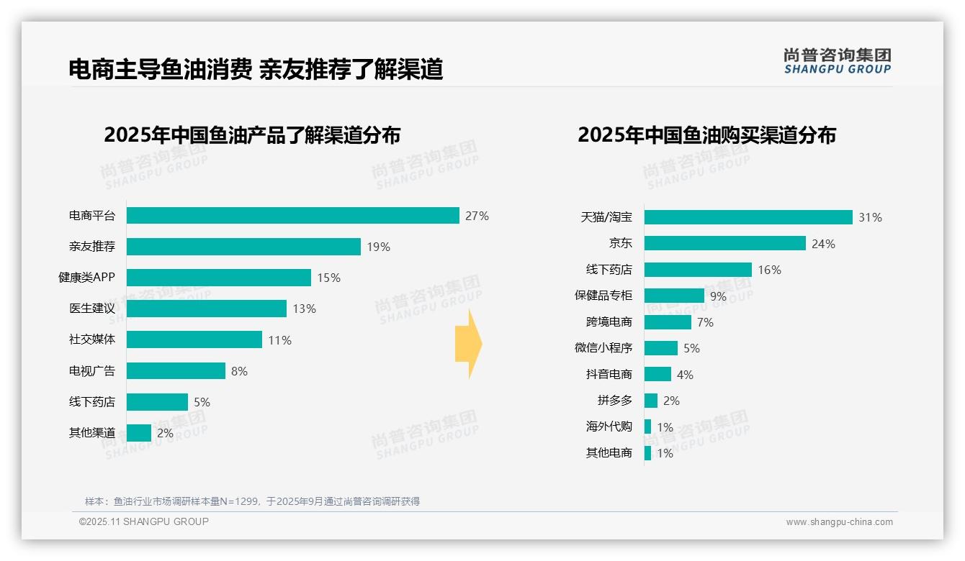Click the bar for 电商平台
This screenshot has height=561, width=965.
[292, 216]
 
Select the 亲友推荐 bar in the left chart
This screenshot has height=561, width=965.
[243, 247]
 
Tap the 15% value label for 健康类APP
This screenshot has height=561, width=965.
[328, 278]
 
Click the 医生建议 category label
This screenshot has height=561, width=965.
[91, 309]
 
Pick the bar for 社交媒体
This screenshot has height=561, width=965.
[194, 339]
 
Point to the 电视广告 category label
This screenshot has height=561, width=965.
[91, 371]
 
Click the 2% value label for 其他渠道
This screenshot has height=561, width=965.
[165, 433]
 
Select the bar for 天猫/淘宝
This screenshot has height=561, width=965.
[748, 217]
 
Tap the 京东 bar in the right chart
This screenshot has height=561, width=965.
[724, 244]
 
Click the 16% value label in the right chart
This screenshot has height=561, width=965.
[769, 270]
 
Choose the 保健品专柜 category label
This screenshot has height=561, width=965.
[603, 296]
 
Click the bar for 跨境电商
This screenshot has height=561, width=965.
[668, 322]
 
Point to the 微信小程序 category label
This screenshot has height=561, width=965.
[603, 348]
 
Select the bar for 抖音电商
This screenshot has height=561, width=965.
[657, 375]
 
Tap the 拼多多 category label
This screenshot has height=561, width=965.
[614, 401]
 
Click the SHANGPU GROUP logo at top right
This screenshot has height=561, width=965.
[837, 61]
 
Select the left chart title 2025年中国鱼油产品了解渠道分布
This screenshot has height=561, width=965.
[252, 135]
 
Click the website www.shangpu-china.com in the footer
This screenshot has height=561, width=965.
[839, 522]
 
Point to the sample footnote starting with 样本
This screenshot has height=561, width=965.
[252, 501]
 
